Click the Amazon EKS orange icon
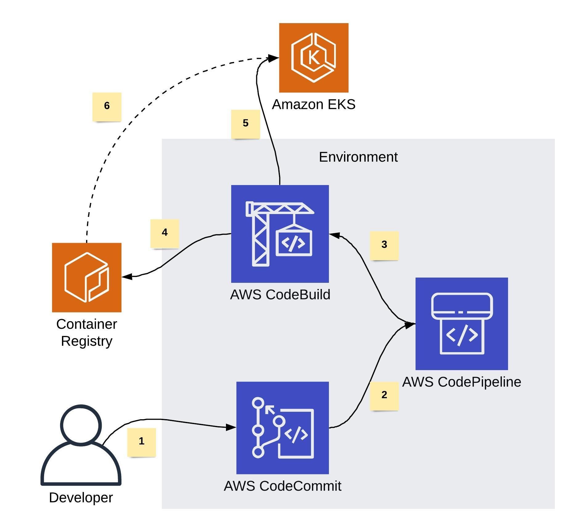coord(314,58)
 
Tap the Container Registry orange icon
coord(87,277)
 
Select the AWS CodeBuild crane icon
coord(280,234)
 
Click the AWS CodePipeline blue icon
coord(461,324)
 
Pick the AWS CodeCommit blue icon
coord(282,428)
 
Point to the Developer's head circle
coord(81,425)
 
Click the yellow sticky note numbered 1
coord(141,442)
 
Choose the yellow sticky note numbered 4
coord(165,233)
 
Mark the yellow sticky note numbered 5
coord(245,124)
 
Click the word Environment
coord(358,157)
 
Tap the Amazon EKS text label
coord(314,105)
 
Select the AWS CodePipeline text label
coord(461,382)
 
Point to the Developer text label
coord(81,497)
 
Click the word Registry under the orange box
coord(87,341)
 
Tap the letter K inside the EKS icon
coord(314,58)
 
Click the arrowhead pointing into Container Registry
coord(127,276)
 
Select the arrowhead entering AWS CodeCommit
coord(231,427)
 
